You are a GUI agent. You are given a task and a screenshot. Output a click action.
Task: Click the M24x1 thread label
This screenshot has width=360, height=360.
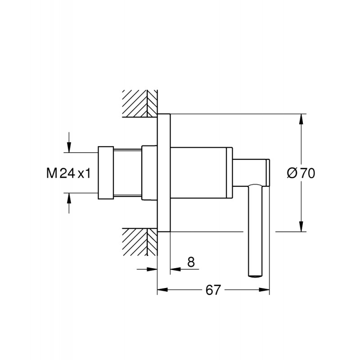68,173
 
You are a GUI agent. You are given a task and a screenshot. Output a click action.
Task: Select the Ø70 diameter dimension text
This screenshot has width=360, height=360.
301,173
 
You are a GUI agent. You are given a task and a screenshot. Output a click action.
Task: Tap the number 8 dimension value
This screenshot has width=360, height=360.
191,262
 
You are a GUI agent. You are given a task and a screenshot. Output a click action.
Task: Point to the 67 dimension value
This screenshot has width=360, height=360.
213,290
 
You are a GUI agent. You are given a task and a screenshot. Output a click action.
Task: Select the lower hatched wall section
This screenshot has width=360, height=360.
140,242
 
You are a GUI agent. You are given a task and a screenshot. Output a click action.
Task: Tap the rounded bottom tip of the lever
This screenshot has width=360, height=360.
255,276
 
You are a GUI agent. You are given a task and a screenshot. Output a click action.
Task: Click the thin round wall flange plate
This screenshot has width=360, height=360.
164,173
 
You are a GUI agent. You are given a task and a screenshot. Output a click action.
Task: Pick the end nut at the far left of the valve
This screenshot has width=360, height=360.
106,173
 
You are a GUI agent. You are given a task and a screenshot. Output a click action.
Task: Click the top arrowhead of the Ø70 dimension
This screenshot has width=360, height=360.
301,119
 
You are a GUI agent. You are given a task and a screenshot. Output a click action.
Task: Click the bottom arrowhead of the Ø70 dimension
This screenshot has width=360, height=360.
301,226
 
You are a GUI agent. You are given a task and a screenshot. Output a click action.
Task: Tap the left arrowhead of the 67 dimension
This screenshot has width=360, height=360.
162,290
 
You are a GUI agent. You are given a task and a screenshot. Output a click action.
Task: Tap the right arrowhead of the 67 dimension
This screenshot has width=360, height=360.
264,290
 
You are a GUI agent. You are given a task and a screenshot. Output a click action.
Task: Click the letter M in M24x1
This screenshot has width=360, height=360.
52,173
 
